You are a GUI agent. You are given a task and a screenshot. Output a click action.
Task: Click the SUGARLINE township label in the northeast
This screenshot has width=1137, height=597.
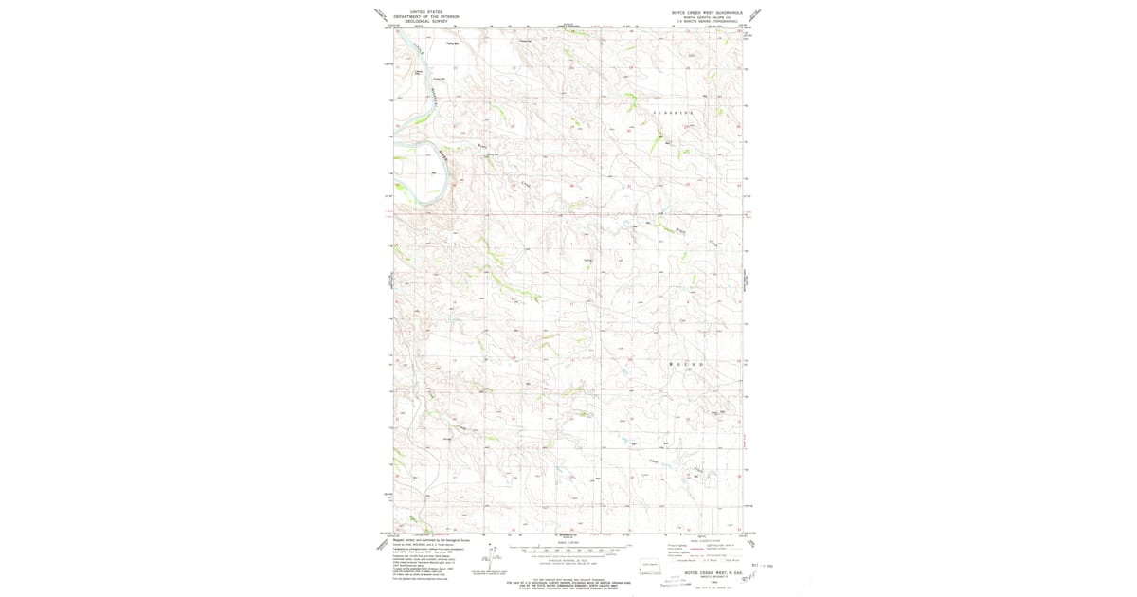click(675, 113)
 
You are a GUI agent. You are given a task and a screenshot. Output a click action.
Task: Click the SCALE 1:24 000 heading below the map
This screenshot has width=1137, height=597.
click(568, 543)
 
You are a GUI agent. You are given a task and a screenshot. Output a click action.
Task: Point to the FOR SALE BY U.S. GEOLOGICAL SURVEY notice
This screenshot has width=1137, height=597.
click(568, 582)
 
